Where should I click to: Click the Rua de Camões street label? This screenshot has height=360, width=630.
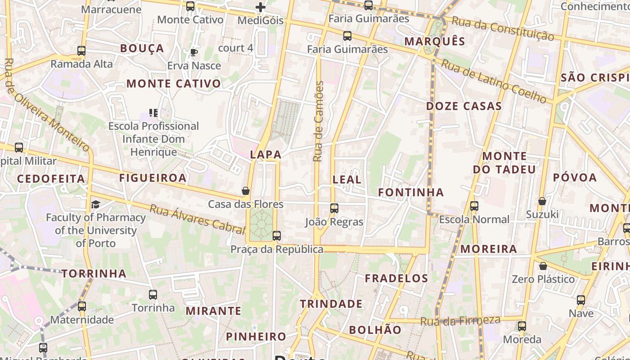(318, 121)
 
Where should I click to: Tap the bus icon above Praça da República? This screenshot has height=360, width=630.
(277, 235)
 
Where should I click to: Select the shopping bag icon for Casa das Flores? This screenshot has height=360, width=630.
(246, 191)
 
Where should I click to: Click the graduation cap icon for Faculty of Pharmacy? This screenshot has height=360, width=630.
(95, 205)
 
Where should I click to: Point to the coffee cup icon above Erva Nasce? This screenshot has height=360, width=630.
(194, 53)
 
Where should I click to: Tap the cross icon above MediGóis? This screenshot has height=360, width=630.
(261, 7)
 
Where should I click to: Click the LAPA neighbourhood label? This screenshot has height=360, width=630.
(265, 155)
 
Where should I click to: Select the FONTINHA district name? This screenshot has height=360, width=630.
(411, 193)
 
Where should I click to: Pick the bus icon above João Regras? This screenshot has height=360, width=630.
(334, 208)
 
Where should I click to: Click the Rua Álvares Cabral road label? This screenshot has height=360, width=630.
(197, 219)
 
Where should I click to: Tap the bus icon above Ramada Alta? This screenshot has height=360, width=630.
(81, 51)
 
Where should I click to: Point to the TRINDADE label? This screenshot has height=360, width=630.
(331, 304)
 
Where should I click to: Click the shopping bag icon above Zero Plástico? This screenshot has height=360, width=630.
(543, 266)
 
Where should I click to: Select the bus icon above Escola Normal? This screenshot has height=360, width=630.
(474, 206)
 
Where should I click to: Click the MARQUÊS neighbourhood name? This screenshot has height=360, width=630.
(435, 42)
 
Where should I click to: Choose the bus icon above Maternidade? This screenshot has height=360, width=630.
(82, 306)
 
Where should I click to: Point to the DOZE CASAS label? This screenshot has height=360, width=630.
(463, 107)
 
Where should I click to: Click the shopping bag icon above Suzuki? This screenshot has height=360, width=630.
(542, 201)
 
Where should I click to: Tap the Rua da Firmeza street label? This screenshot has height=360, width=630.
(460, 321)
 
